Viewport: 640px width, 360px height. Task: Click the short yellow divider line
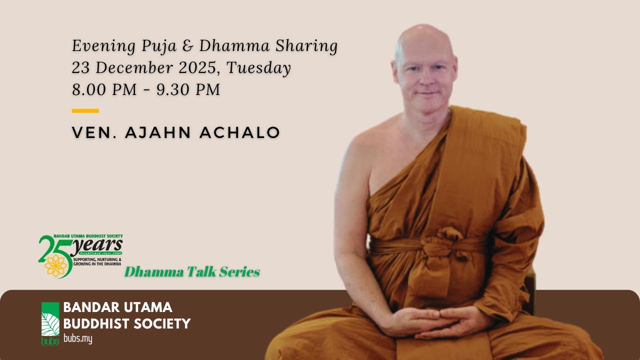pos(85,111)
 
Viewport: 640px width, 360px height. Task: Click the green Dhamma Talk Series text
pos(192,272)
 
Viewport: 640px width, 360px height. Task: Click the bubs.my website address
pos(78,339)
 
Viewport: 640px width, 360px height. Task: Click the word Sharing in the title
pos(306,46)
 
